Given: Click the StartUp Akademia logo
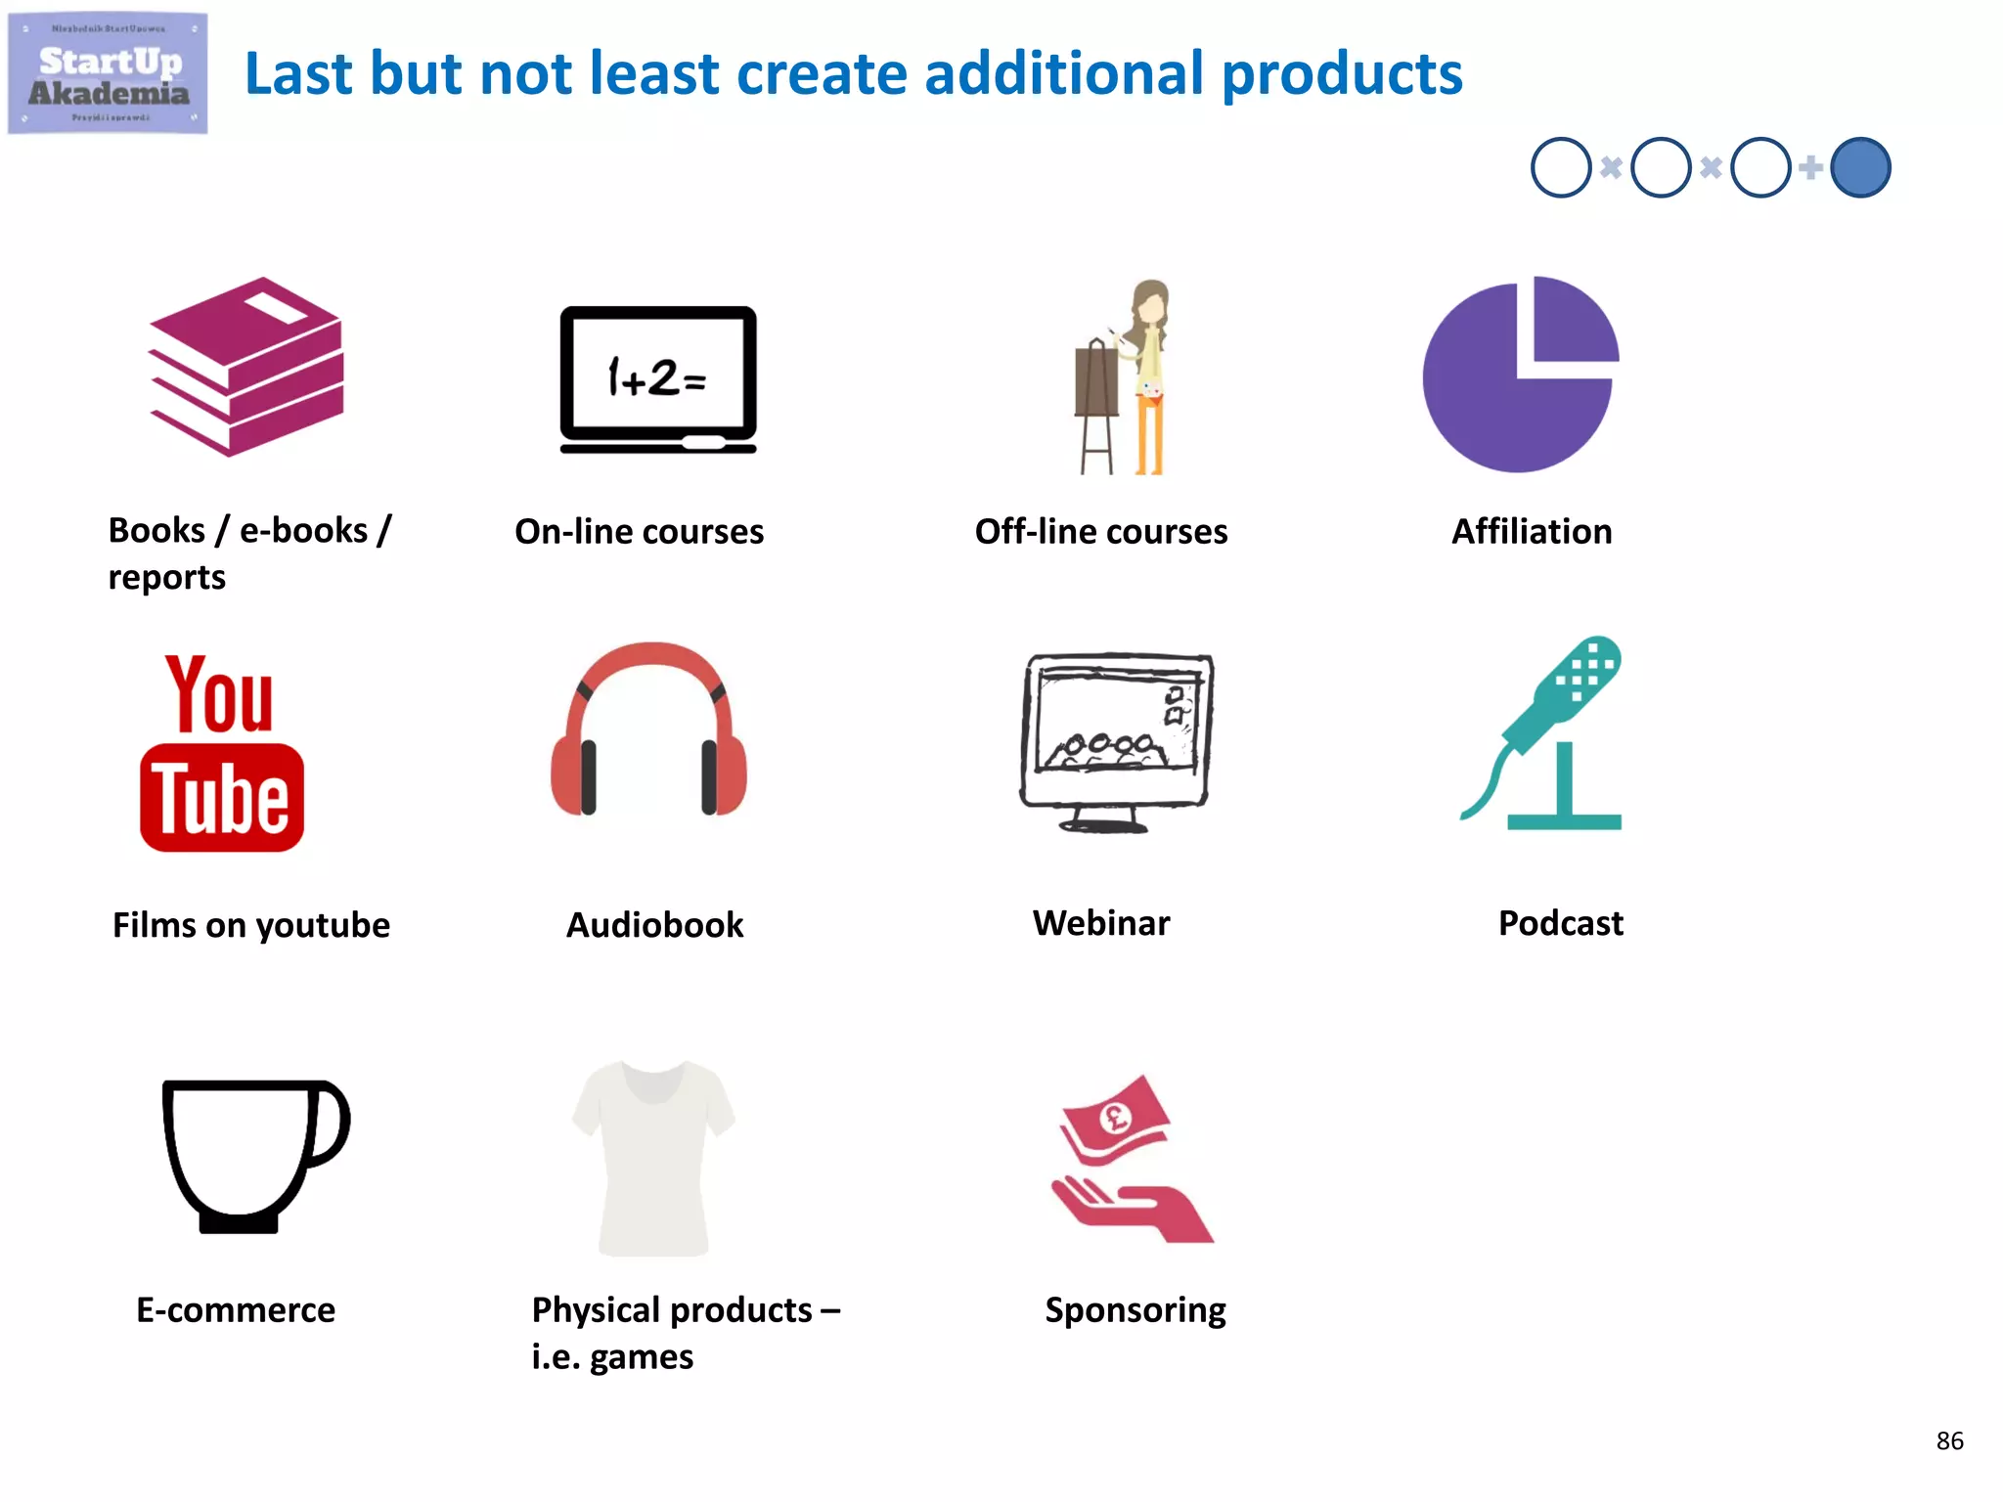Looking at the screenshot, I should point(108,73).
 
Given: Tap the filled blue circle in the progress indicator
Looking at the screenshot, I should point(1859,168).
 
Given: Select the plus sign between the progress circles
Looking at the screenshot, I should point(1810,167).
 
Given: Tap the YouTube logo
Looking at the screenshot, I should point(222,753).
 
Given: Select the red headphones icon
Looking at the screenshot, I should point(648,729).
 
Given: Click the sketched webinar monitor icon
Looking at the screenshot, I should point(1115,740).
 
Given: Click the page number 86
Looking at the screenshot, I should point(1949,1440).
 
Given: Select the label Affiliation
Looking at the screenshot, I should point(1532,531).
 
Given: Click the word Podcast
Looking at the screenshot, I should point(1560,923).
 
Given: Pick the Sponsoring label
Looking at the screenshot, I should point(1135,1310).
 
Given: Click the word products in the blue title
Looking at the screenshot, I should point(1342,74).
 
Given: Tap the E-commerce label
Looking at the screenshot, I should point(236,1310).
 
